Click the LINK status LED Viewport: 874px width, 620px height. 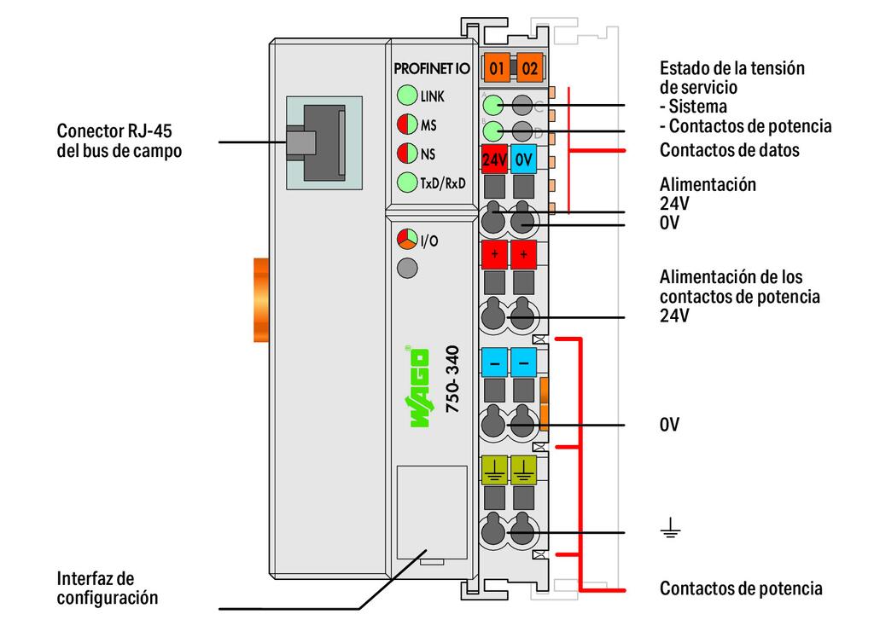pyautogui.click(x=406, y=96)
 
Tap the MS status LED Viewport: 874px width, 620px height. pyautogui.click(x=406, y=125)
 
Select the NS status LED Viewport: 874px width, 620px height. pyautogui.click(x=406, y=154)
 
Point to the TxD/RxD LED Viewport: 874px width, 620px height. pyautogui.click(x=406, y=182)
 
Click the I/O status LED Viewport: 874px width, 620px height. pyautogui.click(x=407, y=240)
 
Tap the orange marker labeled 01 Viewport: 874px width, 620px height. pyautogui.click(x=497, y=67)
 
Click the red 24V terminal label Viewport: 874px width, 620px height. pyautogui.click(x=495, y=159)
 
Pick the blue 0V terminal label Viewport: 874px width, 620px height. pyautogui.click(x=524, y=159)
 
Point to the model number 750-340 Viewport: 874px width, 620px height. pyautogui.click(x=453, y=380)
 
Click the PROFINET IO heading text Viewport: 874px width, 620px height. pyautogui.click(x=431, y=68)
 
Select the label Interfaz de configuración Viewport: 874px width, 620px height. pyautogui.click(x=108, y=588)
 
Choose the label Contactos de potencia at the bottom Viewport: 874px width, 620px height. pyautogui.click(x=741, y=588)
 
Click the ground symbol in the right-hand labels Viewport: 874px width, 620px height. pyautogui.click(x=671, y=532)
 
